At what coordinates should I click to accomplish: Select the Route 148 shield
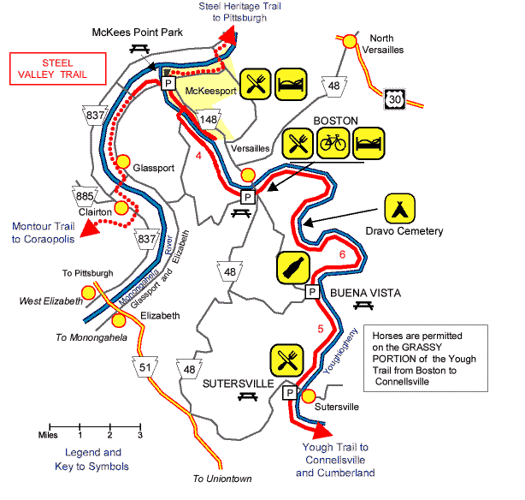pos(207,119)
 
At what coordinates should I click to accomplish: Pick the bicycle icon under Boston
pos(333,143)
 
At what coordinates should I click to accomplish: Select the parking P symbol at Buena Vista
pos(312,292)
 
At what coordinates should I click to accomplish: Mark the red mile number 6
pos(342,254)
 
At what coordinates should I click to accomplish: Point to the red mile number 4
pos(198,155)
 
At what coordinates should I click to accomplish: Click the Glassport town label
pos(153,168)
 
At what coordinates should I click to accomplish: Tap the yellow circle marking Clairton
pos(122,208)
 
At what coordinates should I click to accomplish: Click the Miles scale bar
pos(94,426)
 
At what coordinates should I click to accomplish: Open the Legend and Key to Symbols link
pos(94,459)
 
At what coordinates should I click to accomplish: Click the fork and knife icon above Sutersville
pos(285,360)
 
